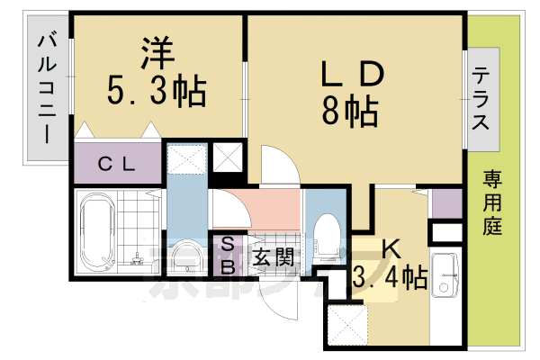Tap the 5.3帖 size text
[157, 90]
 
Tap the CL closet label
[118, 164]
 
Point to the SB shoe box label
[228, 256]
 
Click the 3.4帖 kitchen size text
[389, 276]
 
